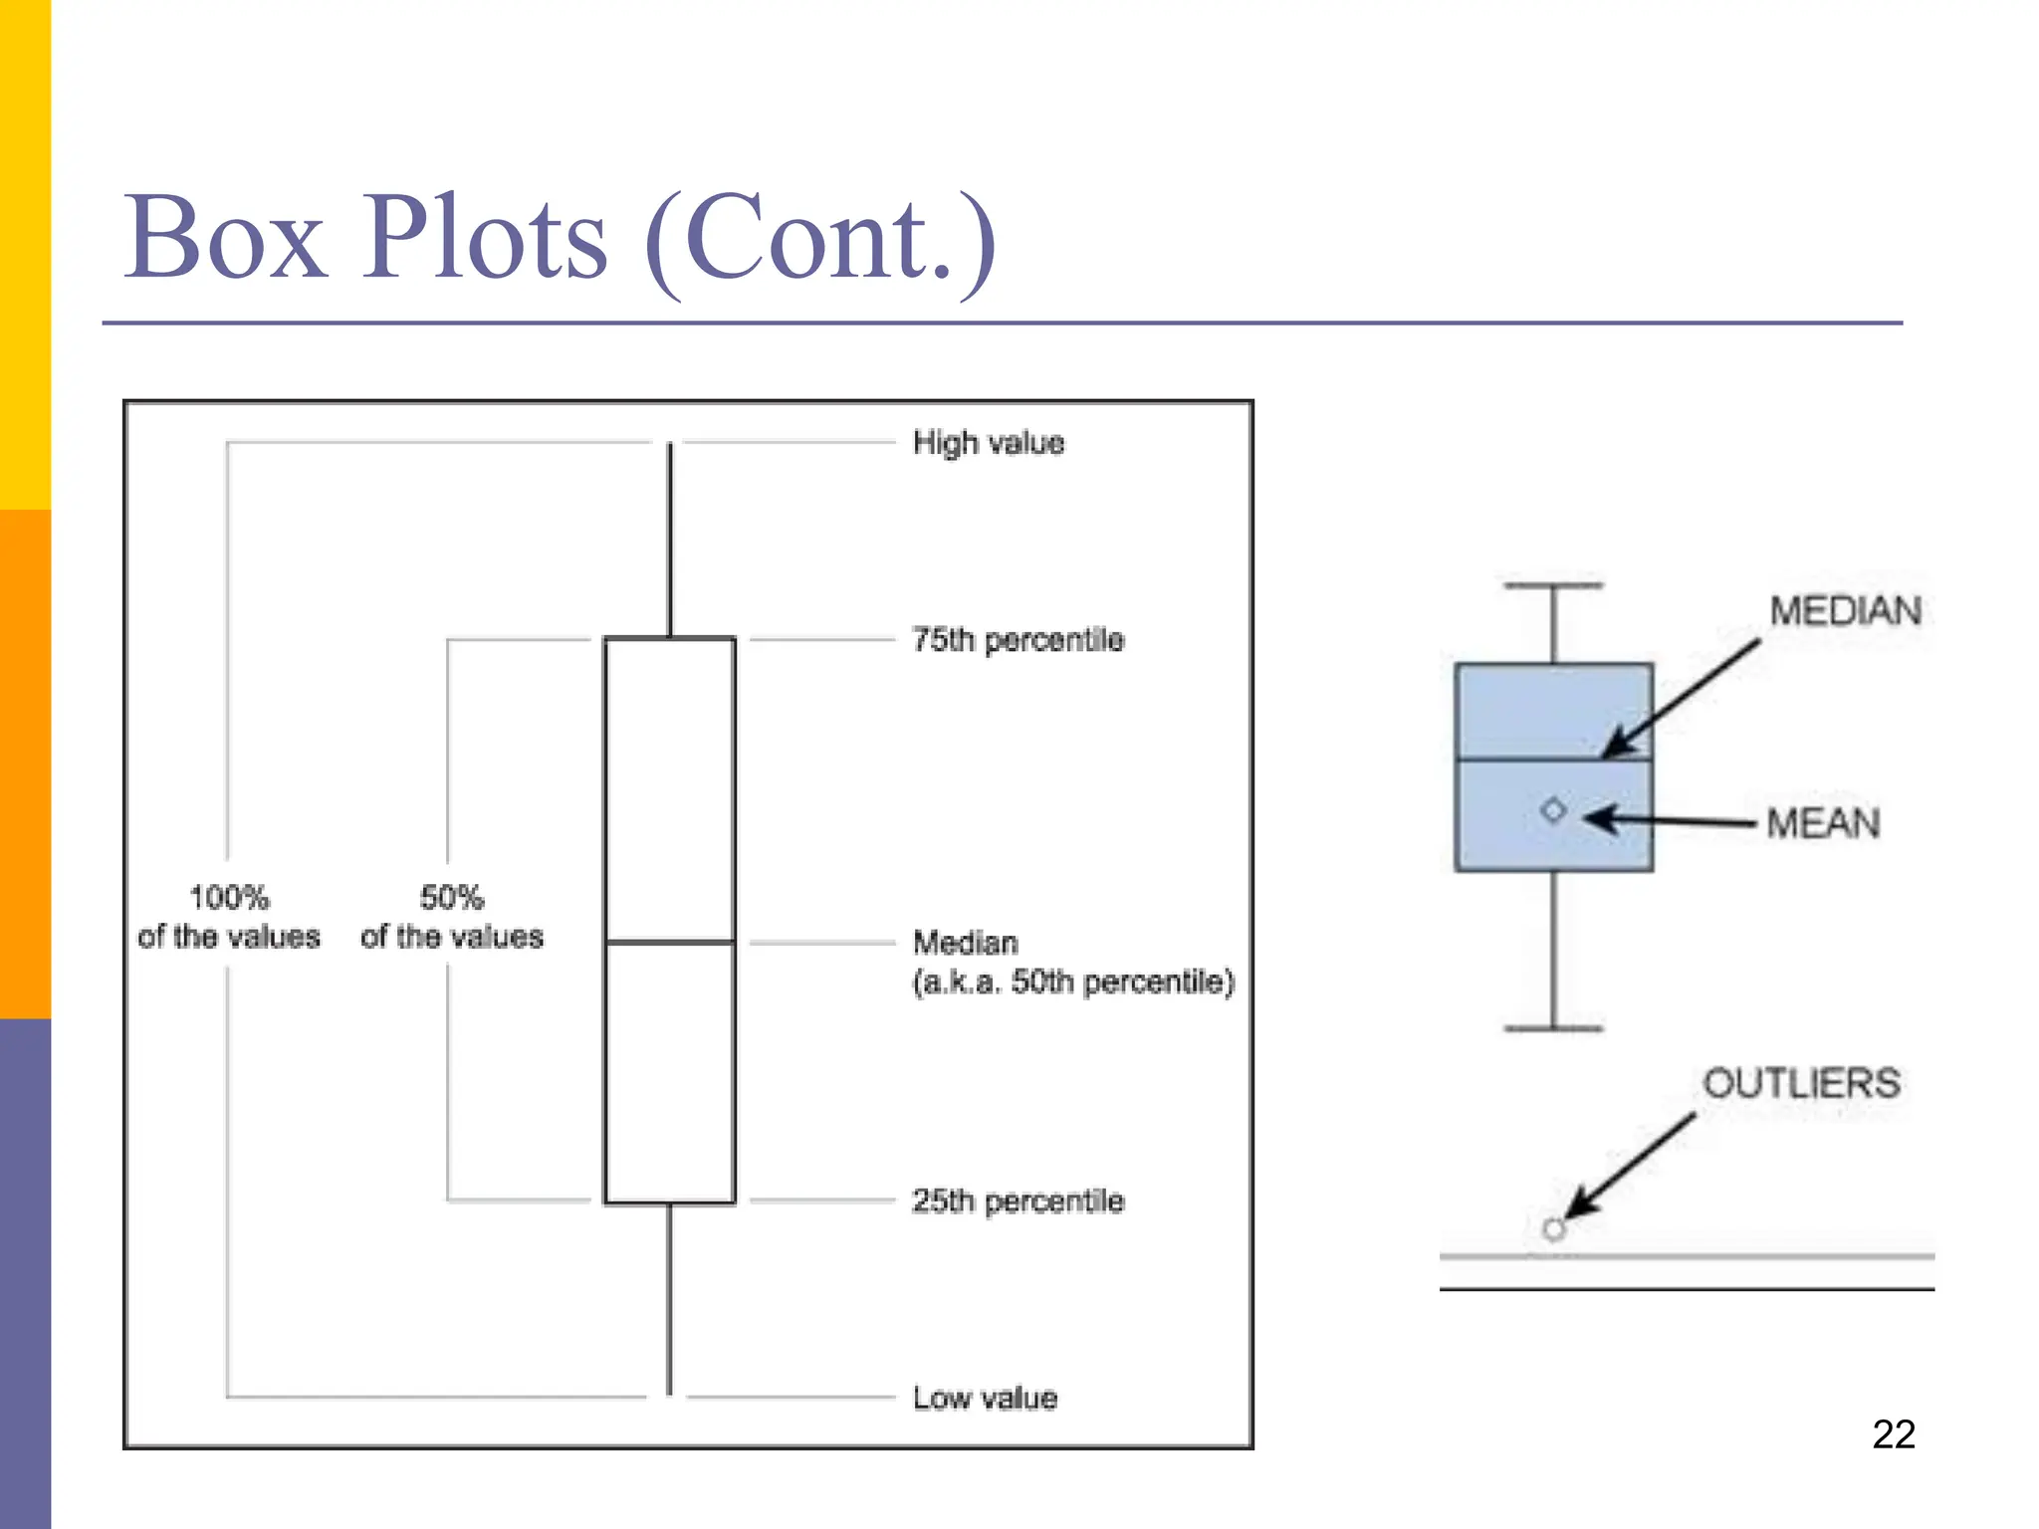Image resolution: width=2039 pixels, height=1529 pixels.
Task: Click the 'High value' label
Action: (988, 442)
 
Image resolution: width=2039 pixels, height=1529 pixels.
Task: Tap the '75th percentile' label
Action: (1018, 639)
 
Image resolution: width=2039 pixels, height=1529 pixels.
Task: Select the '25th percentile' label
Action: (1018, 1201)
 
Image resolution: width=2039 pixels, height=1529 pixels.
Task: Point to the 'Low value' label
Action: (985, 1398)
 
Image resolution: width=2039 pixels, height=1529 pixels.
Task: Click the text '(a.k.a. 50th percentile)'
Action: (1073, 982)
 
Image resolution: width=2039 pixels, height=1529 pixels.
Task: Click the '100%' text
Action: (229, 897)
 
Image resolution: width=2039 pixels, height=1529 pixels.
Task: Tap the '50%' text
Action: (451, 897)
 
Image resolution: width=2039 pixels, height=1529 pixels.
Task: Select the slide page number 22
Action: (1893, 1434)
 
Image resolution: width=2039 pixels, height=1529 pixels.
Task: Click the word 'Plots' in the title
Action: (484, 239)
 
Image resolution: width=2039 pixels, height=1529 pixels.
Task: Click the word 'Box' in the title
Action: (225, 239)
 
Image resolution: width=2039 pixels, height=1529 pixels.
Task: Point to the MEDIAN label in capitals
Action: (1845, 610)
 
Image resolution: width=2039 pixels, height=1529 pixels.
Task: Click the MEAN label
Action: (1823, 823)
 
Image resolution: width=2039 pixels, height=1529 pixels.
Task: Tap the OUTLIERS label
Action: (1801, 1083)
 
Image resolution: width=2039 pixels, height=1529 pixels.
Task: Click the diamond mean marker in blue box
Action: (1553, 810)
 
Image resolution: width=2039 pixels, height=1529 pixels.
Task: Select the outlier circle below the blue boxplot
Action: (1553, 1229)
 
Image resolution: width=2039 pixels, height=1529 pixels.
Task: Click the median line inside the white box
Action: (670, 941)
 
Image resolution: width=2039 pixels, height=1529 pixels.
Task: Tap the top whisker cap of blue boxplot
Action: (1553, 586)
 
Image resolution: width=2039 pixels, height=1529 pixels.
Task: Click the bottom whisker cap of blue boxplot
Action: (1553, 1027)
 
